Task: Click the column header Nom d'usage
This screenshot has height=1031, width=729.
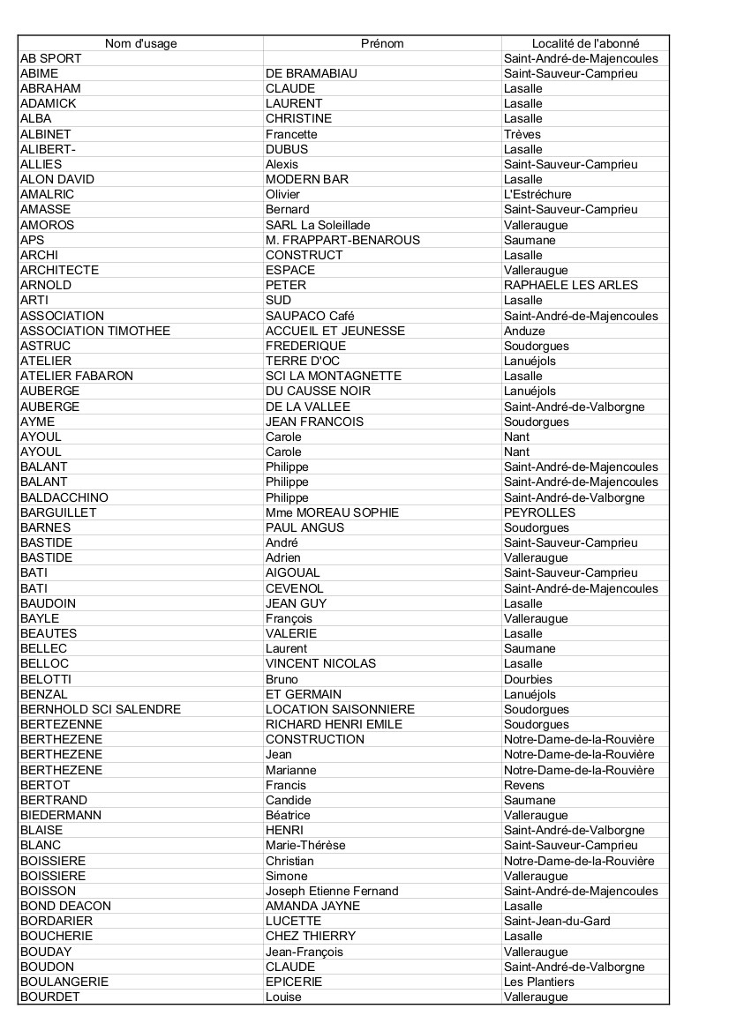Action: [x=140, y=43]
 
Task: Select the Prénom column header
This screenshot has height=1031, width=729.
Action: [x=382, y=43]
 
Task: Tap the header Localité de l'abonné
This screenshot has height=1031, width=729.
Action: [x=585, y=43]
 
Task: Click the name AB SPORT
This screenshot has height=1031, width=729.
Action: [x=51, y=58]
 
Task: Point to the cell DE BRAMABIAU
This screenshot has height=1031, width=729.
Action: [x=312, y=73]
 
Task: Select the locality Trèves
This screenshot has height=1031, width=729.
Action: [x=522, y=134]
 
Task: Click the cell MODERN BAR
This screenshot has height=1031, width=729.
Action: [x=307, y=179]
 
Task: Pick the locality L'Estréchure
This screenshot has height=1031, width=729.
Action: [x=537, y=194]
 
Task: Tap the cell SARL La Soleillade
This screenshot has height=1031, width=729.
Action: [x=318, y=225]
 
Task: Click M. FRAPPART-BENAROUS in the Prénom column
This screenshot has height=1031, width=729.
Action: [x=342, y=240]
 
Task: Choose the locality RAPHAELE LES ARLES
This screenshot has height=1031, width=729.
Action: [x=570, y=285]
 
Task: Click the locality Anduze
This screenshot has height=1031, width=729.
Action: [x=524, y=331]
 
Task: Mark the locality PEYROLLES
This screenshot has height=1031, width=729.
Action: [x=539, y=512]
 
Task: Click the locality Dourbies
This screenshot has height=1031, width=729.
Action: [x=528, y=679]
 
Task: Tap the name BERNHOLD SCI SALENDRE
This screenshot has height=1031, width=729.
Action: [x=101, y=709]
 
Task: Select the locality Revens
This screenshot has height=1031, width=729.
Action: [x=524, y=785]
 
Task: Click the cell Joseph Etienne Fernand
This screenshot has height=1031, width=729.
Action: [x=332, y=891]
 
